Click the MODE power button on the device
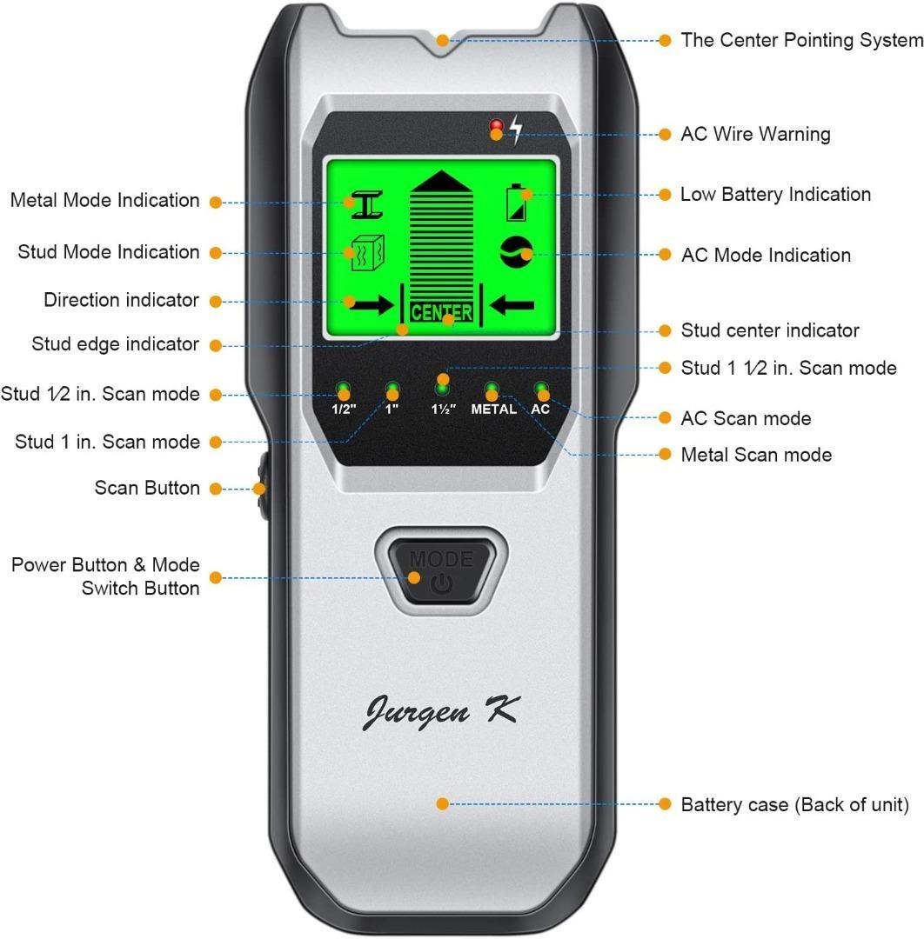tap(441, 569)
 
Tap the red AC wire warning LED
tap(496, 123)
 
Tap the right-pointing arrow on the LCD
tap(368, 304)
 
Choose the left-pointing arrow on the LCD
tap(512, 304)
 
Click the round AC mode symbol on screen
tap(516, 252)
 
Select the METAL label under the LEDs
tap(493, 409)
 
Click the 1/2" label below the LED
tap(344, 409)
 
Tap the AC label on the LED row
tap(541, 409)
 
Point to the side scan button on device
tap(259, 489)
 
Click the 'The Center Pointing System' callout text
tap(801, 40)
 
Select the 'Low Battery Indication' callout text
tap(775, 195)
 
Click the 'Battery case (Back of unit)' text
tap(794, 805)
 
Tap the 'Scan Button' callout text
tap(147, 489)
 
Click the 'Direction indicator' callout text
tap(122, 301)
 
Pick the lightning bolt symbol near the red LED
tap(517, 130)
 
